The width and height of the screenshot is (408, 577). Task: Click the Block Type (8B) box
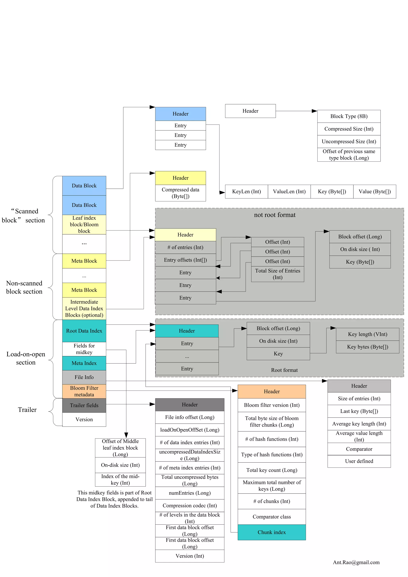(x=349, y=116)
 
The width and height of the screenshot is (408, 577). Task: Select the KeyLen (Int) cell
(x=246, y=191)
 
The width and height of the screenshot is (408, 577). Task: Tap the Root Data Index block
(x=84, y=331)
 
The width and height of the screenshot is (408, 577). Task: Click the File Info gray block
(x=84, y=377)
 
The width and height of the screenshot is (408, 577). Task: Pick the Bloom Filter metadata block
(x=84, y=391)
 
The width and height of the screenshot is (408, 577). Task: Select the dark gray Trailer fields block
(x=84, y=405)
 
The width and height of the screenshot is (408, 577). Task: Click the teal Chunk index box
(x=272, y=532)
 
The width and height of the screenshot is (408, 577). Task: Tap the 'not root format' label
(x=275, y=215)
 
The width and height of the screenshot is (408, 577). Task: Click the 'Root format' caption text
(x=284, y=370)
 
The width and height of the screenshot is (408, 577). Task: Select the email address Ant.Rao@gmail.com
(x=356, y=562)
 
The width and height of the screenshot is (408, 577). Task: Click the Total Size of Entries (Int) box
(x=277, y=274)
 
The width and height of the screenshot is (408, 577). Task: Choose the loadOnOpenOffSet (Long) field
(x=190, y=430)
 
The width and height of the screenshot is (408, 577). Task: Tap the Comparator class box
(x=272, y=517)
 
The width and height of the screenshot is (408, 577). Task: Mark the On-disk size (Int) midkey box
(x=120, y=465)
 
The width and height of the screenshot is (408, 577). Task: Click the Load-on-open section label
(x=26, y=358)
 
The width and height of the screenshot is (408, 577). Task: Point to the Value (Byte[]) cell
(x=374, y=191)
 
